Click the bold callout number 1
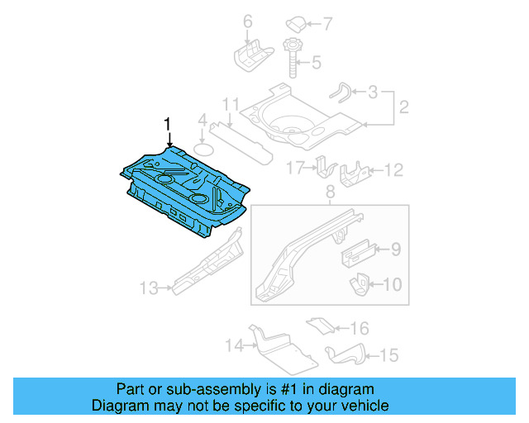point(169,124)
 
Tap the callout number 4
point(201,122)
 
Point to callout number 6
point(247,20)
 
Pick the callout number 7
point(326,22)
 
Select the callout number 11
point(231,105)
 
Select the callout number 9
point(395,248)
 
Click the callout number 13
point(149,288)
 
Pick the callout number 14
point(234,346)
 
